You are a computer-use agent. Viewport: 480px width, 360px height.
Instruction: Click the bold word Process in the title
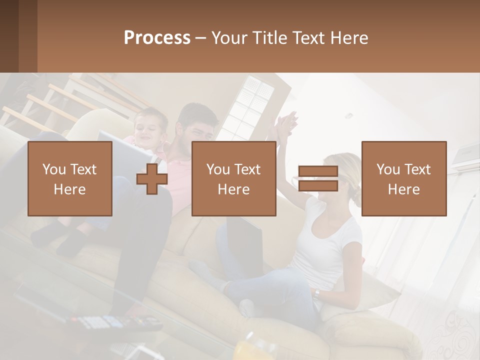[x=157, y=37]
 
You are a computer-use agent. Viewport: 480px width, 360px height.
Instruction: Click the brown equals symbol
[x=318, y=178]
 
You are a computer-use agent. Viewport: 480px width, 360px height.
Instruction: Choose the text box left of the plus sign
[x=70, y=179]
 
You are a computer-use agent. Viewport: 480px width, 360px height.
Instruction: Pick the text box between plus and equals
[x=234, y=179]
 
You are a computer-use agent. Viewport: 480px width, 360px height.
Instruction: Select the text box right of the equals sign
[x=404, y=179]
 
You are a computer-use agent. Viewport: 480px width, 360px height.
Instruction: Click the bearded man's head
[x=198, y=122]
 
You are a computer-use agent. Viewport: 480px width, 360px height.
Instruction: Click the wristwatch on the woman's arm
[x=316, y=294]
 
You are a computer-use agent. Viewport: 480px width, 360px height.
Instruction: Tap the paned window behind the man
[x=252, y=107]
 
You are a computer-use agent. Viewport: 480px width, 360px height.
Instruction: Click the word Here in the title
[x=348, y=38]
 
